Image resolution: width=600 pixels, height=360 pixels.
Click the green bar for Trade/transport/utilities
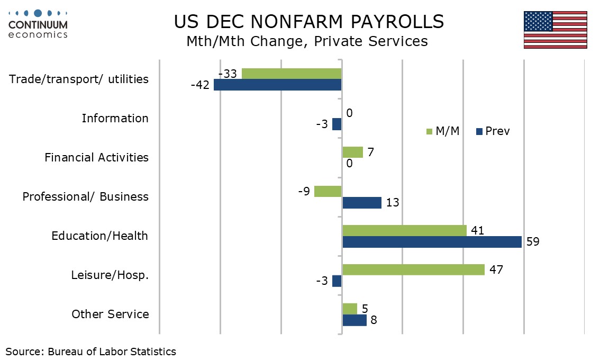pos(292,74)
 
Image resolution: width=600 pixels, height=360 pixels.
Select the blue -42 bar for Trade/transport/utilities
pos(278,85)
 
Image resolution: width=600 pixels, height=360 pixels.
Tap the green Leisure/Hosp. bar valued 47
pos(413,269)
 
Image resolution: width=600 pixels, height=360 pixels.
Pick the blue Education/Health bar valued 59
pos(432,242)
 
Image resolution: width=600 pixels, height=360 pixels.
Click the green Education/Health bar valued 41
pos(404,230)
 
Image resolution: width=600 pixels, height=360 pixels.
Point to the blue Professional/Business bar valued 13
pos(362,203)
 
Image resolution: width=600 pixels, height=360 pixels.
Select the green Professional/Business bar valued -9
pos(328,191)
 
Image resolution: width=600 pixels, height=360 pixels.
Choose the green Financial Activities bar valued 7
pos(352,152)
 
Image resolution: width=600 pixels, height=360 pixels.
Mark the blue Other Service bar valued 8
pos(354,320)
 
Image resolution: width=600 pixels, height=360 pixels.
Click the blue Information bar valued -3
pos(337,124)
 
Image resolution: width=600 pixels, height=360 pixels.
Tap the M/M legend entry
pos(443,131)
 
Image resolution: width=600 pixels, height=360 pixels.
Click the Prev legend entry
pos(493,131)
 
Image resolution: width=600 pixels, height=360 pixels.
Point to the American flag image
pos(555,30)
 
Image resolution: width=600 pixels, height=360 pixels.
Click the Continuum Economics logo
pos(38,24)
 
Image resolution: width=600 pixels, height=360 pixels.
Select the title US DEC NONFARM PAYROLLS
pos(308,22)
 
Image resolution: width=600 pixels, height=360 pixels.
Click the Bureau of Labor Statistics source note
pos(91,351)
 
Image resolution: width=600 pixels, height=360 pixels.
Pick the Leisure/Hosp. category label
pos(110,275)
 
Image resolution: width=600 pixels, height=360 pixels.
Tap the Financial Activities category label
pos(96,157)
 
